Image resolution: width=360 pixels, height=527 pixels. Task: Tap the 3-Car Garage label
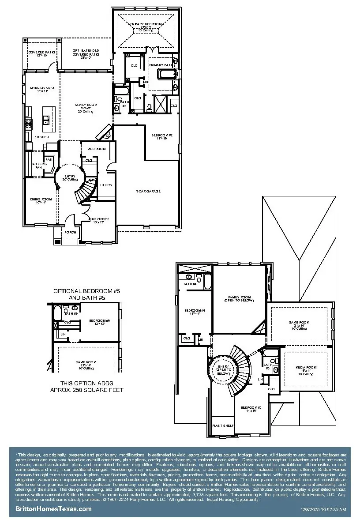coord(148,191)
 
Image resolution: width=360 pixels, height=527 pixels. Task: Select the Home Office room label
coord(98,219)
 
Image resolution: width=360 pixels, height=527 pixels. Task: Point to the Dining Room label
coord(41,200)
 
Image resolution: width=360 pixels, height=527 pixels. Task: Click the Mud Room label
coord(97,149)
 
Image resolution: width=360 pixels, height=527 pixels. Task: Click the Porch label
coord(70,232)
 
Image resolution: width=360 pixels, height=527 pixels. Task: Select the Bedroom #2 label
coord(162,135)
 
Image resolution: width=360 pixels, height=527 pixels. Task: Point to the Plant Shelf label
coord(223,425)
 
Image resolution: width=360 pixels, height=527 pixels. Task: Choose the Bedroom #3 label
coord(251,408)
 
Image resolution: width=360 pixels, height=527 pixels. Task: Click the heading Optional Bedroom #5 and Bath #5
coord(86,294)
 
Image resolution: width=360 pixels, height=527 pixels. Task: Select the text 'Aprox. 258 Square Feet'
coord(86,390)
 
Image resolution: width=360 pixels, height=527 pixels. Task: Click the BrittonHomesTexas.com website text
coord(53,509)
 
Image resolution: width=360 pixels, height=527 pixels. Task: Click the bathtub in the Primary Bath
coord(167,74)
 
